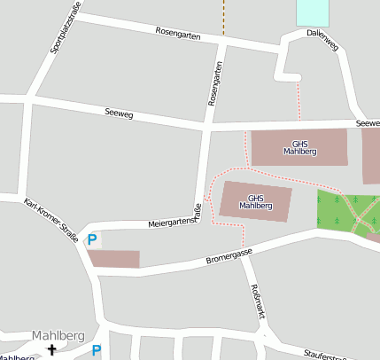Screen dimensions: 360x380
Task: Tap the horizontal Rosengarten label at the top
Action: pos(177,35)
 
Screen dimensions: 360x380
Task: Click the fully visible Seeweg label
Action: pos(118,113)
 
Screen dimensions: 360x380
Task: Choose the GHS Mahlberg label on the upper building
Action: pos(299,147)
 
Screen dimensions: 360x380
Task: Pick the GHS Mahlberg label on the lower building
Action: pos(255,201)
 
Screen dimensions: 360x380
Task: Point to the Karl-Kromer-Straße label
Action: pos(52,219)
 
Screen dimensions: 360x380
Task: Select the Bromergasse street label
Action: pos(229,256)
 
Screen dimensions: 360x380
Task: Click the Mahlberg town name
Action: pos(58,335)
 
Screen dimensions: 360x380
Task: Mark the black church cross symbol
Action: pos(51,349)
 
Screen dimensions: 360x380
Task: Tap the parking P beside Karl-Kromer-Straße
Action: pos(91,239)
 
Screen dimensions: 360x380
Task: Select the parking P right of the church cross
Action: pos(97,350)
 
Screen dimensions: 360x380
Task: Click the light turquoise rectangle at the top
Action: pos(312,12)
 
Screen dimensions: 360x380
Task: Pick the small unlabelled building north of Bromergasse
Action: pos(113,259)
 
